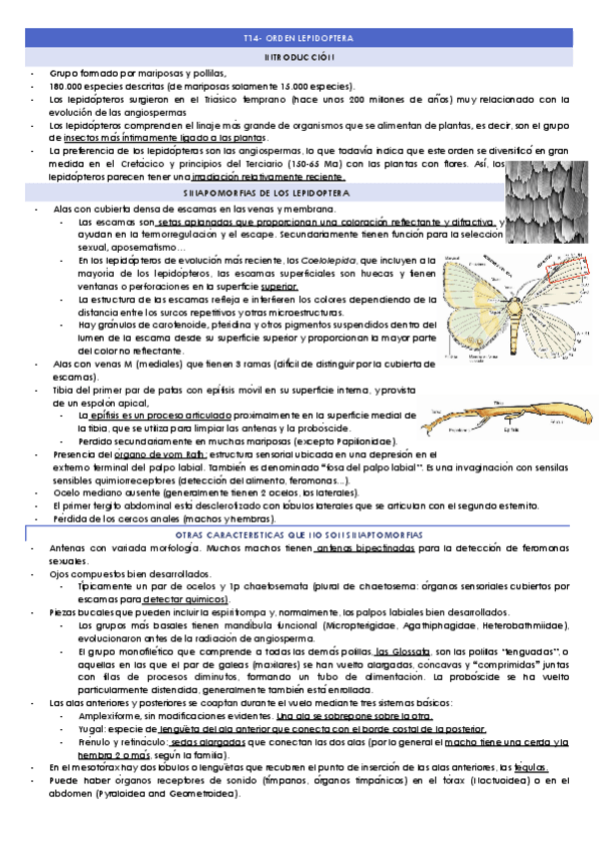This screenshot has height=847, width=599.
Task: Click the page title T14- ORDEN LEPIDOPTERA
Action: coord(299,38)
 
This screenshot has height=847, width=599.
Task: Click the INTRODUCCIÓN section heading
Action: coord(299,58)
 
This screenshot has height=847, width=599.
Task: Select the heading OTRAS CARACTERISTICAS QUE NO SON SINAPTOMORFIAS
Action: coord(299,536)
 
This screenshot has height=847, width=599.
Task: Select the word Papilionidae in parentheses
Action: coord(364,440)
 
